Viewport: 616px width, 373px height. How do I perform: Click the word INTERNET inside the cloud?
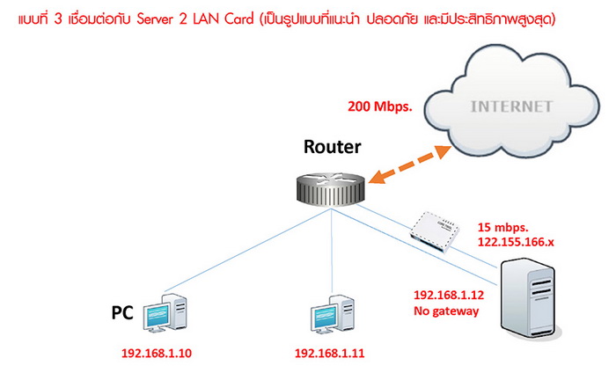coord(513,106)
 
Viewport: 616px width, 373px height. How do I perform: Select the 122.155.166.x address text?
coord(519,241)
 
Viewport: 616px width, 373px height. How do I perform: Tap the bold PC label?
coord(122,312)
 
